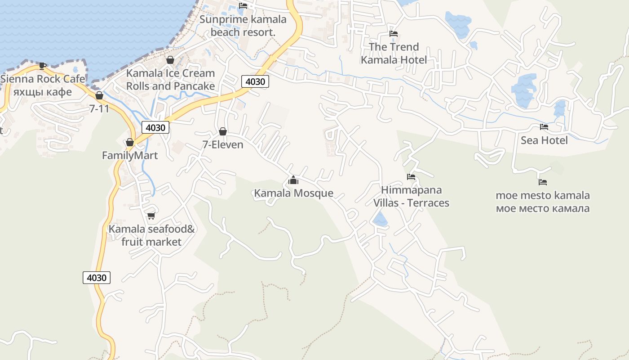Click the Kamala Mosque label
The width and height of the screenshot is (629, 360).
click(x=293, y=193)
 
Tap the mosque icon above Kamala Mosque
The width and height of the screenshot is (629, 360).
click(x=293, y=181)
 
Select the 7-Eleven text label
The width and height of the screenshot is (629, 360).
click(x=223, y=144)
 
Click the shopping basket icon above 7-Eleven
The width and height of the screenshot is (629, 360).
click(x=222, y=131)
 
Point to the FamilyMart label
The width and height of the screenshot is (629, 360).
click(x=130, y=156)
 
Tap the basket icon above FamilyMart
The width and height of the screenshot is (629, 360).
click(x=130, y=142)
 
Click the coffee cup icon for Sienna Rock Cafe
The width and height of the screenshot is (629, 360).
click(x=43, y=66)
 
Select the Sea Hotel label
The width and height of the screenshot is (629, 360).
click(x=544, y=140)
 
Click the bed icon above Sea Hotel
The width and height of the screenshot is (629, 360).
click(x=544, y=127)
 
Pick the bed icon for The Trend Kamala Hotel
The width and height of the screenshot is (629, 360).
click(x=394, y=34)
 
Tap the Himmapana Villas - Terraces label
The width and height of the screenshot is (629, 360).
click(x=411, y=196)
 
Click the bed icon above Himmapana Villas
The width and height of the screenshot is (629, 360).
click(x=411, y=177)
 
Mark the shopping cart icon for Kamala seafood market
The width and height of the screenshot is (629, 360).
click(x=151, y=216)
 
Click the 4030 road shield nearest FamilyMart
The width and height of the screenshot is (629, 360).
click(x=155, y=127)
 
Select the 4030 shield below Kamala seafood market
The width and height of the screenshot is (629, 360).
click(x=97, y=278)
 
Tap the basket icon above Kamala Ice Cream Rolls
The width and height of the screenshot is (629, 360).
click(x=170, y=60)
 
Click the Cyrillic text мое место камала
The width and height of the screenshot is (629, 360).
click(x=543, y=208)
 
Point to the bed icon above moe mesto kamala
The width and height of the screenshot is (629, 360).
click(x=543, y=182)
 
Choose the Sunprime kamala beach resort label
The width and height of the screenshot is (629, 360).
click(x=243, y=26)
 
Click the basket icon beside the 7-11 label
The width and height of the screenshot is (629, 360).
click(x=99, y=95)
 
